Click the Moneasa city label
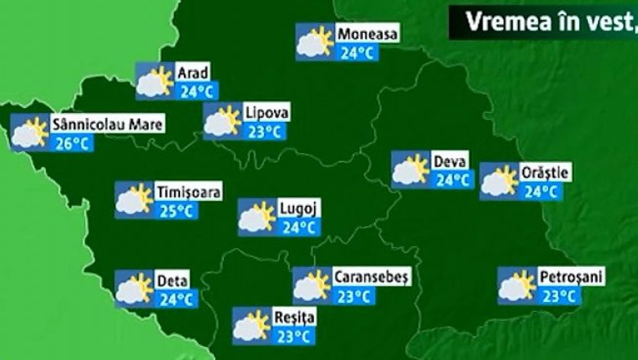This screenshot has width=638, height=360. (x=367, y=34)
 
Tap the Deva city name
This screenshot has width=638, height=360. (x=450, y=161)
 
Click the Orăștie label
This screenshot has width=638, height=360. (x=545, y=173)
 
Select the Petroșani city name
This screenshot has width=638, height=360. (x=571, y=277)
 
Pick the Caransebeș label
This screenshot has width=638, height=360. (x=371, y=277)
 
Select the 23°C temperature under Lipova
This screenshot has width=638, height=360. (x=265, y=132)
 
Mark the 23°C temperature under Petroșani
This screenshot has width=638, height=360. (x=559, y=296)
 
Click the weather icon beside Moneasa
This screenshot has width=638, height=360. (x=315, y=42)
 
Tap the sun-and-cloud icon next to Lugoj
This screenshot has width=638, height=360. (x=256, y=217)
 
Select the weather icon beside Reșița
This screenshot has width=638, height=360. (x=251, y=326)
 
